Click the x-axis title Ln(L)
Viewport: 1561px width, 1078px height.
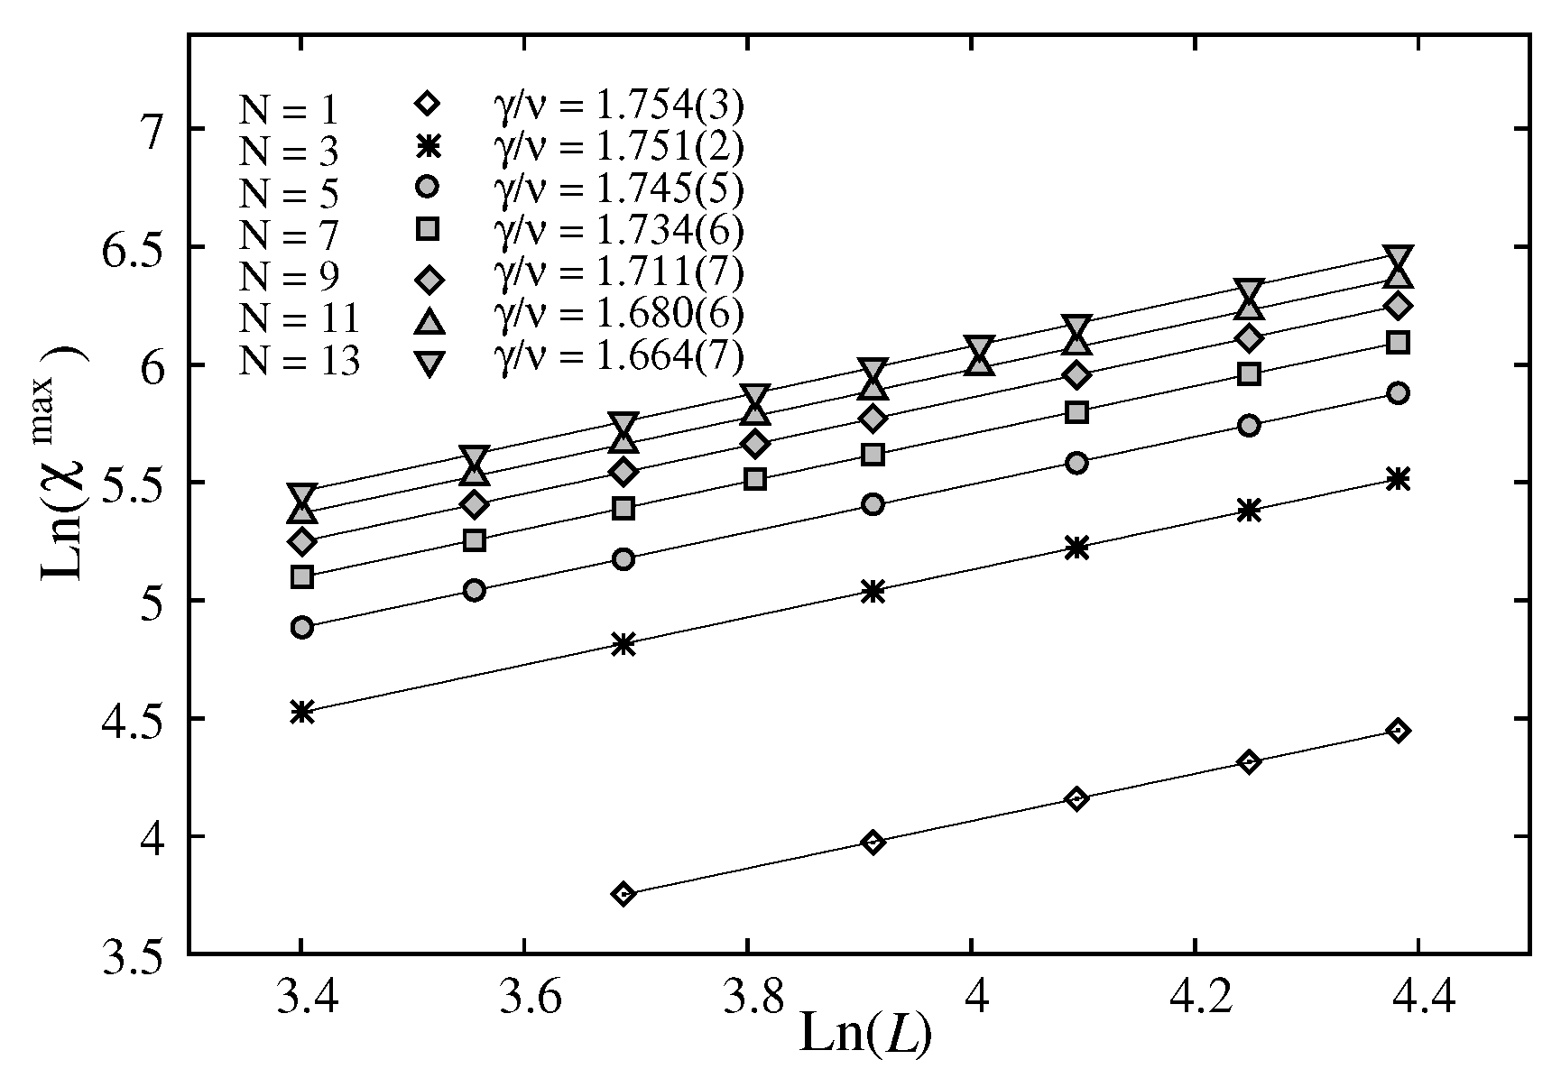pos(864,1035)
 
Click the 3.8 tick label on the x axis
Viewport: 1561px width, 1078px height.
pos(747,997)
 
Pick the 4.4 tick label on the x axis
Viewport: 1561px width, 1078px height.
pos(1418,997)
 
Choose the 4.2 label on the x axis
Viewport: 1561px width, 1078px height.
pos(1195,997)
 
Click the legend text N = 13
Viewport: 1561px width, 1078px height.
pos(299,360)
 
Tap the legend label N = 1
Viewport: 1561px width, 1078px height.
pos(288,110)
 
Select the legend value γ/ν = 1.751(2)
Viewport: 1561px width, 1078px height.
pos(618,148)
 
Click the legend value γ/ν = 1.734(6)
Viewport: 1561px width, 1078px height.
pos(618,232)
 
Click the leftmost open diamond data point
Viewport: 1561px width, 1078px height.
pos(623,894)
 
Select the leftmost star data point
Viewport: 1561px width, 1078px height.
pos(302,712)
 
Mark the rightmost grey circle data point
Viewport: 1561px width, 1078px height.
pos(1398,393)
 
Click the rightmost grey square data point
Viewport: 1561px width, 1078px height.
pos(1398,342)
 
